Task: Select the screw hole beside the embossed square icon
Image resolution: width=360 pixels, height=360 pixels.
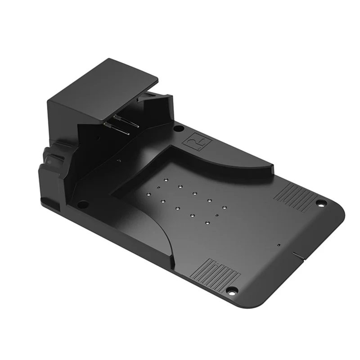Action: click(x=179, y=129)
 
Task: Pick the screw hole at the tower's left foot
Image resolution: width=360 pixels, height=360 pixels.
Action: click(x=82, y=204)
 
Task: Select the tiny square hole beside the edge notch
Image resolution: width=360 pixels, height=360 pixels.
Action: click(x=279, y=244)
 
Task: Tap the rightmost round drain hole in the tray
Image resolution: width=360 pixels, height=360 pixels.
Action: click(x=224, y=208)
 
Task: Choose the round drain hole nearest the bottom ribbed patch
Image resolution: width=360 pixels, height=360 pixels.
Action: click(x=207, y=223)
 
